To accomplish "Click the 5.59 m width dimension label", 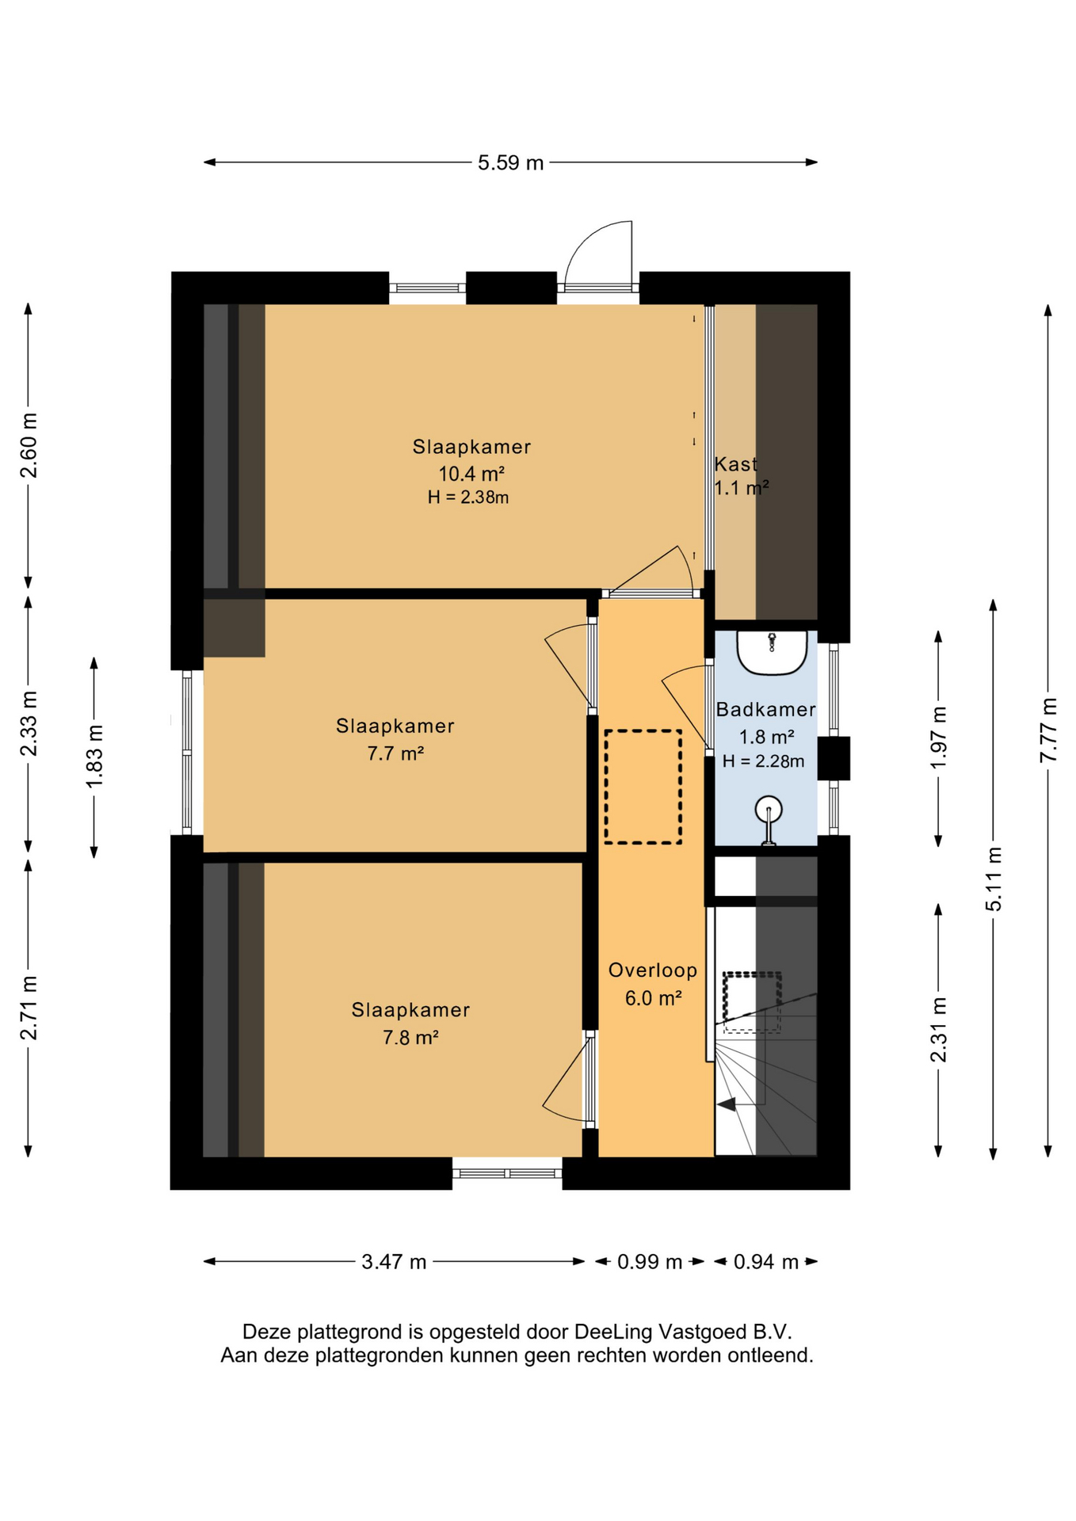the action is tap(510, 162).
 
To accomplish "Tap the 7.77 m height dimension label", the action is tap(1048, 730).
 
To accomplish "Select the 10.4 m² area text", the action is tap(472, 474).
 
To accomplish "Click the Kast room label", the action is tap(735, 463).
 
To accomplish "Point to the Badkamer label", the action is tap(765, 710).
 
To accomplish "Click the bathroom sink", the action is tap(772, 653).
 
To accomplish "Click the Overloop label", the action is tap(653, 970).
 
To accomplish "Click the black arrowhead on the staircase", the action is tap(727, 1104).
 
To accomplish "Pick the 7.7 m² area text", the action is tap(395, 753).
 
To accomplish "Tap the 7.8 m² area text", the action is tap(410, 1037).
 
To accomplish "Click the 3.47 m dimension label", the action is tap(394, 1261).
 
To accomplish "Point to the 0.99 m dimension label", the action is tap(650, 1261).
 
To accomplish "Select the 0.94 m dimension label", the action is tap(765, 1261).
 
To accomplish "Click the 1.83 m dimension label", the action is tap(94, 757).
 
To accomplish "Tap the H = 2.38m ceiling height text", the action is tap(468, 497).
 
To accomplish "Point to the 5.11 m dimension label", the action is tap(994, 879).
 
